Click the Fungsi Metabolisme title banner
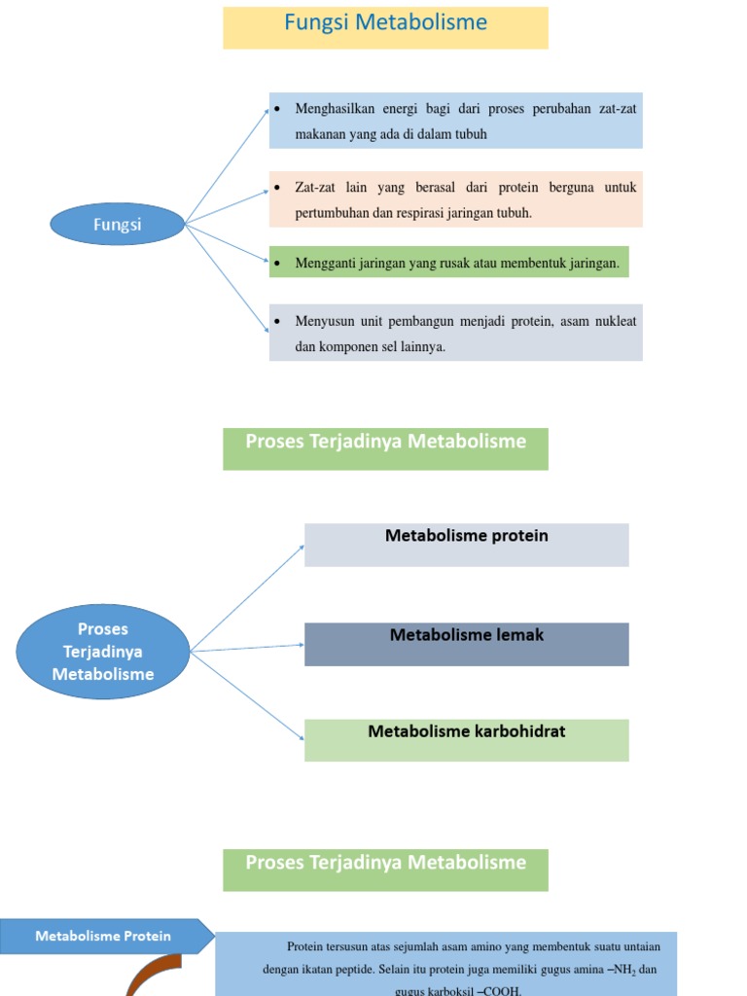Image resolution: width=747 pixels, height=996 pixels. (385, 26)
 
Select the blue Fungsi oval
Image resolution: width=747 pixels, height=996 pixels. (117, 225)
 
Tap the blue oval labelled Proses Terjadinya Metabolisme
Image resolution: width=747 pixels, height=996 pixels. (103, 652)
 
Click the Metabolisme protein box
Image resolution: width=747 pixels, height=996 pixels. (466, 544)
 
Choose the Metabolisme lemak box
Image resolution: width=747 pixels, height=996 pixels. (466, 643)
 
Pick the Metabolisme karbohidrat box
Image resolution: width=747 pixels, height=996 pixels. (466, 739)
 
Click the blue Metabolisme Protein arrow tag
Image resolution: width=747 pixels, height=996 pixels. (105, 936)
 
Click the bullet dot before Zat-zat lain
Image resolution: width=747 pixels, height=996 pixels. (278, 187)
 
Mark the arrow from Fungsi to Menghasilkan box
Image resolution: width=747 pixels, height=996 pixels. (227, 165)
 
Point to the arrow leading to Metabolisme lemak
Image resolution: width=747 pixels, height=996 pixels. (248, 648)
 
